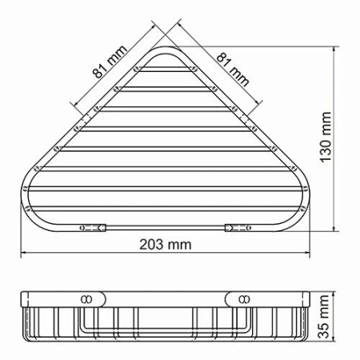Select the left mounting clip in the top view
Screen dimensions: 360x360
[x=93, y=228]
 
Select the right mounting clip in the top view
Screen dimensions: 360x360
[x=235, y=228]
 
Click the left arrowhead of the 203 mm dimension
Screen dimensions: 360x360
[x=23, y=254]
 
